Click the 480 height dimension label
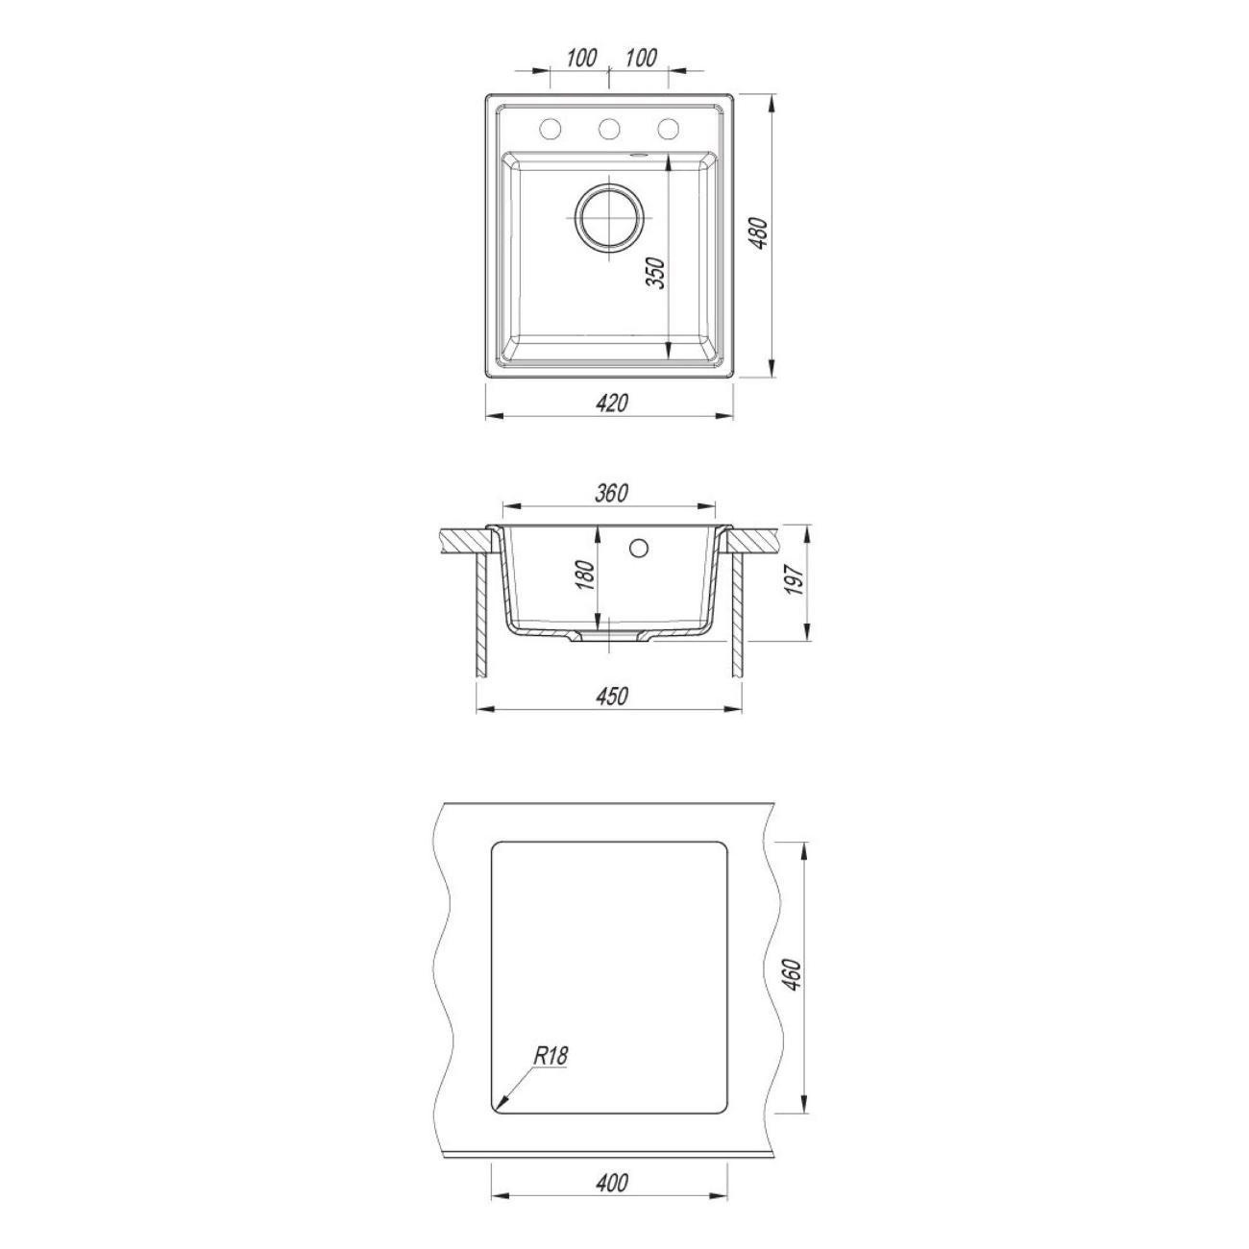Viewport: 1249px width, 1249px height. point(759,233)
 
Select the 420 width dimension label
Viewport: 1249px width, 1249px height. point(613,404)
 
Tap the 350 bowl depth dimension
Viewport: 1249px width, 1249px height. point(656,273)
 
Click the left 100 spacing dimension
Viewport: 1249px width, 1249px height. point(581,58)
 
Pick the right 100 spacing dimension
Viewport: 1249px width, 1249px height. point(641,58)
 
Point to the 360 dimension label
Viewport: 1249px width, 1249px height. point(612,493)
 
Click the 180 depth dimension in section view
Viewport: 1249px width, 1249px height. point(585,576)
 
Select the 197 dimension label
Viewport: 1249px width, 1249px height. point(796,580)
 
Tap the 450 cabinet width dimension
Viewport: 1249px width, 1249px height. point(612,697)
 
